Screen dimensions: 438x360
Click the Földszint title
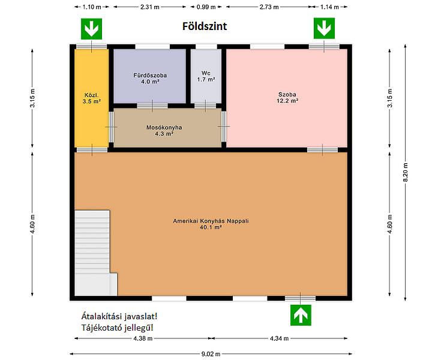point(205,26)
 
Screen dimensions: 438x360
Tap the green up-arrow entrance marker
point(301,315)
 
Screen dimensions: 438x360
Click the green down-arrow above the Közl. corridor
point(91,29)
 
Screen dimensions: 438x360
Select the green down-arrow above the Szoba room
point(324,28)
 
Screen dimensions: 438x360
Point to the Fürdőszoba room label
point(150,79)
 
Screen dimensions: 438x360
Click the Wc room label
point(206,76)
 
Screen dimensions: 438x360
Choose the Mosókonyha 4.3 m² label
point(164,130)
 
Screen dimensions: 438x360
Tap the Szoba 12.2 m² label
point(287,97)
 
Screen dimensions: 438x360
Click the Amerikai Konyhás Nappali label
point(211,224)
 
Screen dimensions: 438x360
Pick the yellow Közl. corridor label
point(92,98)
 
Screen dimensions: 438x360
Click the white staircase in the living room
point(94,253)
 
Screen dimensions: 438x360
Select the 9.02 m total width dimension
point(211,354)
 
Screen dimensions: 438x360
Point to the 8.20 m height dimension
point(406,172)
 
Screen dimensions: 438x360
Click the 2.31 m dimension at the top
point(150,7)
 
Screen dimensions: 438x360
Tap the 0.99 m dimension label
point(206,7)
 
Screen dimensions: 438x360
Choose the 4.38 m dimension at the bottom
point(143,338)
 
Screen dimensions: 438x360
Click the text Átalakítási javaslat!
point(119,316)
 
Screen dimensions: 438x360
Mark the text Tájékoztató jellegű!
point(118,328)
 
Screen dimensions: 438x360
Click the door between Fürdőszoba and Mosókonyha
point(152,106)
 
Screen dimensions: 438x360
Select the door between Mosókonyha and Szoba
point(224,127)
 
